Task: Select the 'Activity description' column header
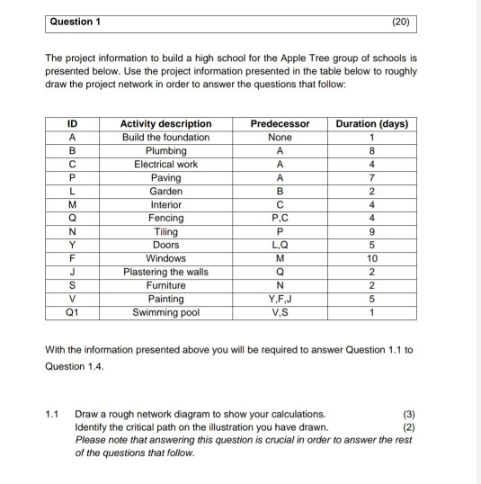click(x=166, y=123)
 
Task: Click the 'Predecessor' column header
click(x=281, y=123)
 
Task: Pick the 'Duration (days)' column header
click(x=372, y=123)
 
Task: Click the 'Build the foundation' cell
click(x=166, y=137)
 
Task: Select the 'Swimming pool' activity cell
click(x=166, y=312)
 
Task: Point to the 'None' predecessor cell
click(x=281, y=137)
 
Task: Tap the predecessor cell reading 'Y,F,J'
click(x=281, y=299)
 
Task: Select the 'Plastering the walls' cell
click(x=166, y=272)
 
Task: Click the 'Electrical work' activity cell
click(x=166, y=164)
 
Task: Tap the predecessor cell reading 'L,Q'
click(x=281, y=245)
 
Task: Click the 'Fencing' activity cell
click(x=166, y=218)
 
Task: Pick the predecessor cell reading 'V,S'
click(x=281, y=312)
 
